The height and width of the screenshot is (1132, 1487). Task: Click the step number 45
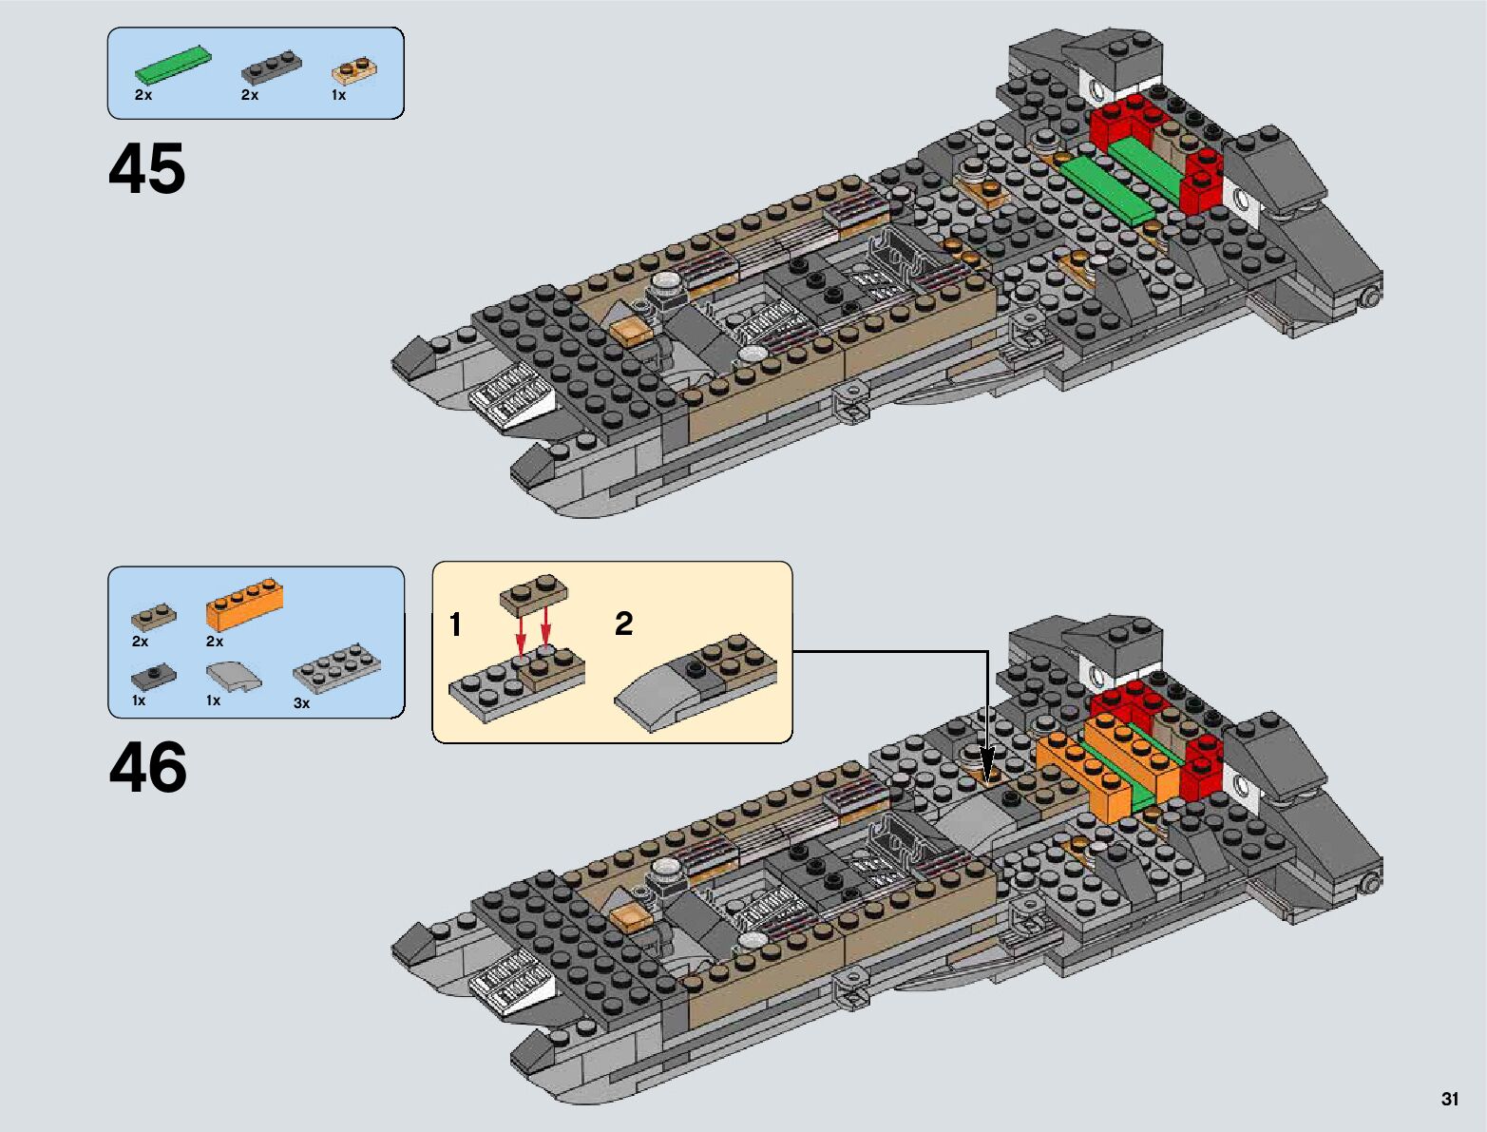(x=147, y=170)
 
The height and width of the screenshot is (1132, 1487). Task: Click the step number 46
(x=148, y=768)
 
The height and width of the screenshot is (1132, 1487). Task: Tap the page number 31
(x=1449, y=1099)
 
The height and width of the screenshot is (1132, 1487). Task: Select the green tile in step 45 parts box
(x=172, y=63)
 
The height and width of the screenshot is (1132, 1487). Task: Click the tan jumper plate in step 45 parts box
(x=354, y=70)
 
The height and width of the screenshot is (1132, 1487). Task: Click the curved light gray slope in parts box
(x=232, y=678)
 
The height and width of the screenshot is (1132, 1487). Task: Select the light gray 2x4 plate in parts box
(x=337, y=669)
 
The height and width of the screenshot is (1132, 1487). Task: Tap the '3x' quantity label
(x=301, y=703)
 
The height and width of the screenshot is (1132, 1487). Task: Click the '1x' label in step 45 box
(x=338, y=95)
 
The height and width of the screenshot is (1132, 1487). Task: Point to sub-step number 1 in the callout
(x=455, y=624)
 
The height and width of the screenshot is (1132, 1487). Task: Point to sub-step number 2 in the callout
(x=623, y=623)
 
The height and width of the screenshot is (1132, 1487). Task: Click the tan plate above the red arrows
(x=534, y=590)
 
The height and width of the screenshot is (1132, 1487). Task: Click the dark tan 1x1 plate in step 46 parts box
(x=153, y=618)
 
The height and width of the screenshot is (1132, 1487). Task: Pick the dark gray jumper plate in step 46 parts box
(x=153, y=677)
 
